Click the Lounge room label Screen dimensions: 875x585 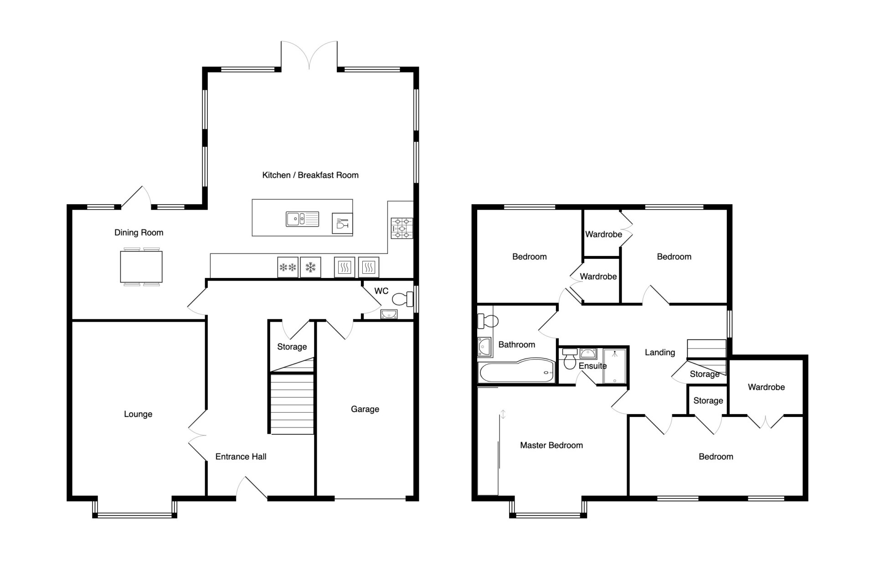(138, 414)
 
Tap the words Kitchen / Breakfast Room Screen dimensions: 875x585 (310, 175)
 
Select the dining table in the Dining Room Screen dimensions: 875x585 (141, 267)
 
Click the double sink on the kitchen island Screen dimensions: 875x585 (302, 220)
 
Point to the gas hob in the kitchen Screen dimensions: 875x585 (401, 228)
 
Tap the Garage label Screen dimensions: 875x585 (365, 409)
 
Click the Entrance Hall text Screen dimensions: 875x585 (241, 457)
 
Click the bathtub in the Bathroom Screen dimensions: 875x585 (516, 372)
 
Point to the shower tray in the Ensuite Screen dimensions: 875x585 (614, 366)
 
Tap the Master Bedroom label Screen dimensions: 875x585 (551, 445)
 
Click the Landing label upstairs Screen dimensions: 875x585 (660, 352)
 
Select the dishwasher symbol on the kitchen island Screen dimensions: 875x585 (342, 223)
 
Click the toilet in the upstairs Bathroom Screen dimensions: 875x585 (487, 321)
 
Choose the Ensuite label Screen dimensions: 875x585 (592, 366)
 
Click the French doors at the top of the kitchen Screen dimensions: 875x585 (309, 55)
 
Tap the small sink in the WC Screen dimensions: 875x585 (388, 314)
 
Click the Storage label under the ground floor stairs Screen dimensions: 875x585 (292, 347)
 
